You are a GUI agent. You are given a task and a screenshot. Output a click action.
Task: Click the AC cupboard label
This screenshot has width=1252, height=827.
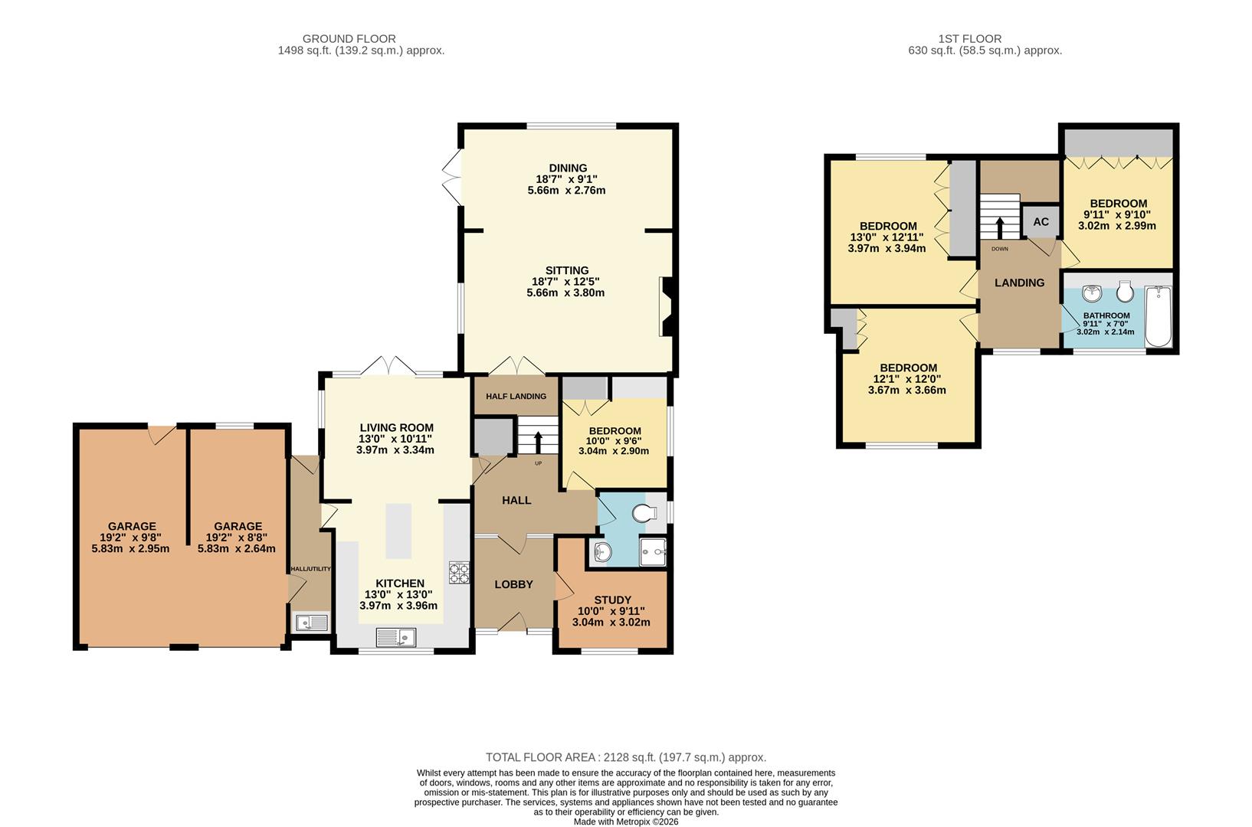click(1041, 222)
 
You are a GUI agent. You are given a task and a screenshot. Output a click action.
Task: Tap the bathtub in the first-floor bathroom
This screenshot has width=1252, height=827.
click(1159, 316)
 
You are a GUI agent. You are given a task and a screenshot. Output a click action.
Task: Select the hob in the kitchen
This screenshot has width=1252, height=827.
click(459, 573)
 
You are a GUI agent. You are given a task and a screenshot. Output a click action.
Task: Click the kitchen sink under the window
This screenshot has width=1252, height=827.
click(396, 637)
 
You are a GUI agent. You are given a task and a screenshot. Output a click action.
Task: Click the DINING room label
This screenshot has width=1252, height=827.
click(568, 168)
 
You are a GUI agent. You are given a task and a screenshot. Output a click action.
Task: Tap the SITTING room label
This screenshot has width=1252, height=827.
click(567, 270)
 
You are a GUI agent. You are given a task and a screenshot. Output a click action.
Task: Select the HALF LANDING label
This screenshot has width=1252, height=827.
click(516, 397)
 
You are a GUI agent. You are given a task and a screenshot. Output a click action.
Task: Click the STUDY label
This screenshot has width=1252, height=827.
click(612, 600)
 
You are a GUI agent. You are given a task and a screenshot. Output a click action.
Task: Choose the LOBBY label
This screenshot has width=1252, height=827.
click(513, 585)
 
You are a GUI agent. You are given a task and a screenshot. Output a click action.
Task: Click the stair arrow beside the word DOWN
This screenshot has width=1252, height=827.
click(1000, 228)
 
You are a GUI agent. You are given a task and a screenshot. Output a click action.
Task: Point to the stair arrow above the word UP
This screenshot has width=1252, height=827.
click(538, 443)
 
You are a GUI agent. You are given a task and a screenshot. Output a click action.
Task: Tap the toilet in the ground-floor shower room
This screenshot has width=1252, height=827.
click(645, 513)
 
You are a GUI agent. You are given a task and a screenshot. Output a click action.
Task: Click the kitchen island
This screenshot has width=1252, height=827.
click(398, 531)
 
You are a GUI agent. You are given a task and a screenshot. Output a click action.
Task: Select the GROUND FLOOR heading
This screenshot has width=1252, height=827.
click(349, 39)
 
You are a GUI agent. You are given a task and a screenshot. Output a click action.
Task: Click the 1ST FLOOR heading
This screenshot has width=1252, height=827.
click(970, 39)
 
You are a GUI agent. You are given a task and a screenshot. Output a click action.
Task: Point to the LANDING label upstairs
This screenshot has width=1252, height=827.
click(1020, 283)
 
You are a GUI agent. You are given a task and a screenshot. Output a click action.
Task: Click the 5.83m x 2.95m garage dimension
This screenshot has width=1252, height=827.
click(131, 549)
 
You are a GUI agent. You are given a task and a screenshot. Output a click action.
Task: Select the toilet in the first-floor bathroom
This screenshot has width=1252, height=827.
click(1125, 290)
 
